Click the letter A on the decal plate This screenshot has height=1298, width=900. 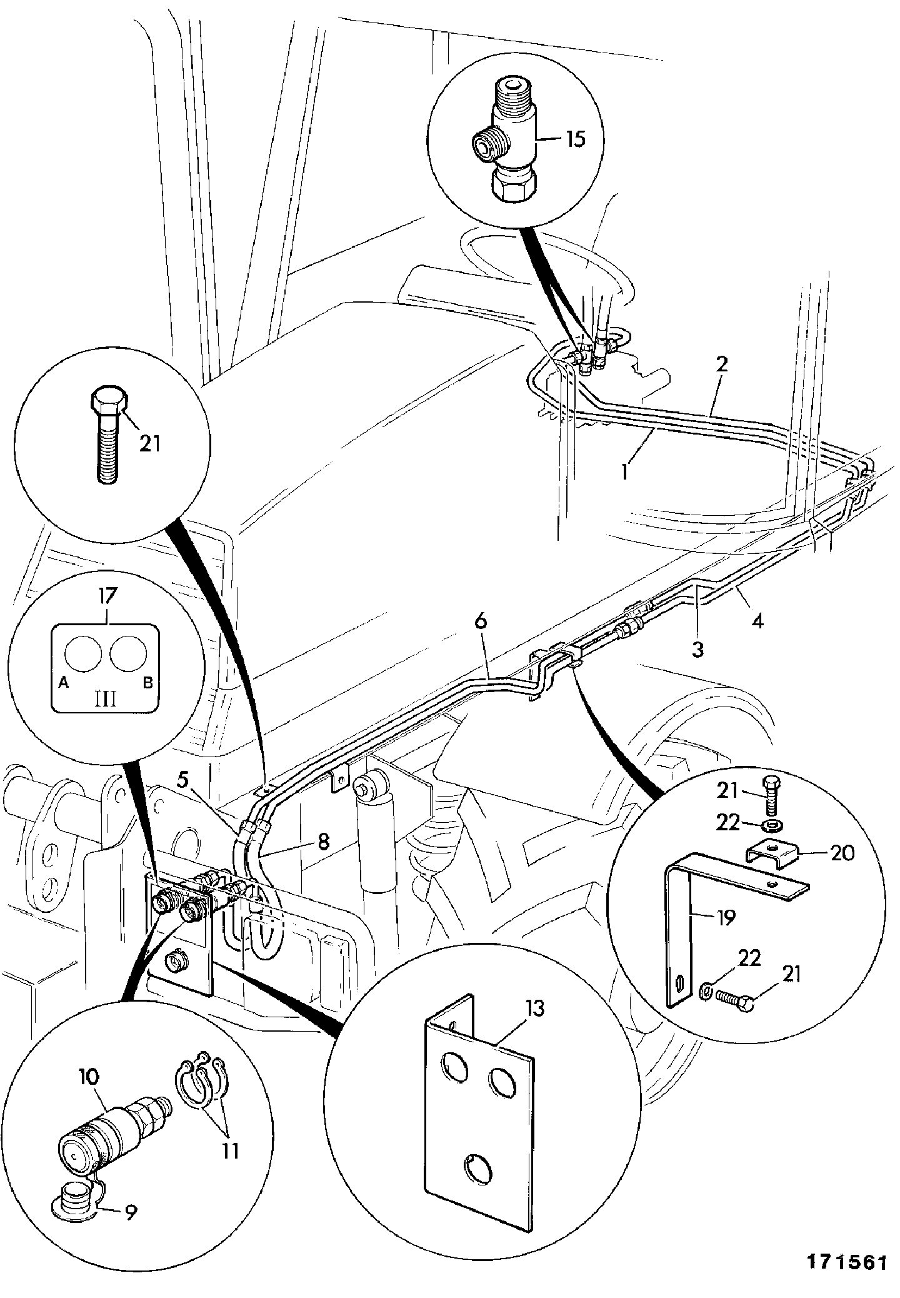(63, 683)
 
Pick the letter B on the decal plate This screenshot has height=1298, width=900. (148, 683)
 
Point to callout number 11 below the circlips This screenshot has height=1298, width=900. (231, 1150)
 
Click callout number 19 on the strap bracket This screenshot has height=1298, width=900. (725, 917)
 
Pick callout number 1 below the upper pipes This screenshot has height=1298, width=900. (624, 470)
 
